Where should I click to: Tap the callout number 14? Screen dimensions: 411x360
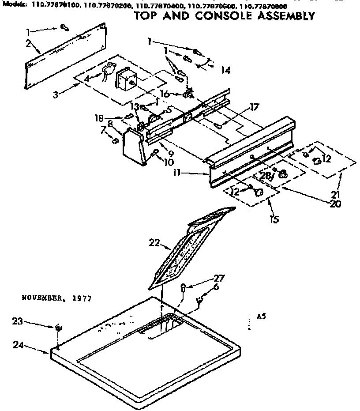225,69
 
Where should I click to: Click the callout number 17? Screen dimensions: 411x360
254,106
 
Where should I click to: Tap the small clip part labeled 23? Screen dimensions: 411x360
57,328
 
